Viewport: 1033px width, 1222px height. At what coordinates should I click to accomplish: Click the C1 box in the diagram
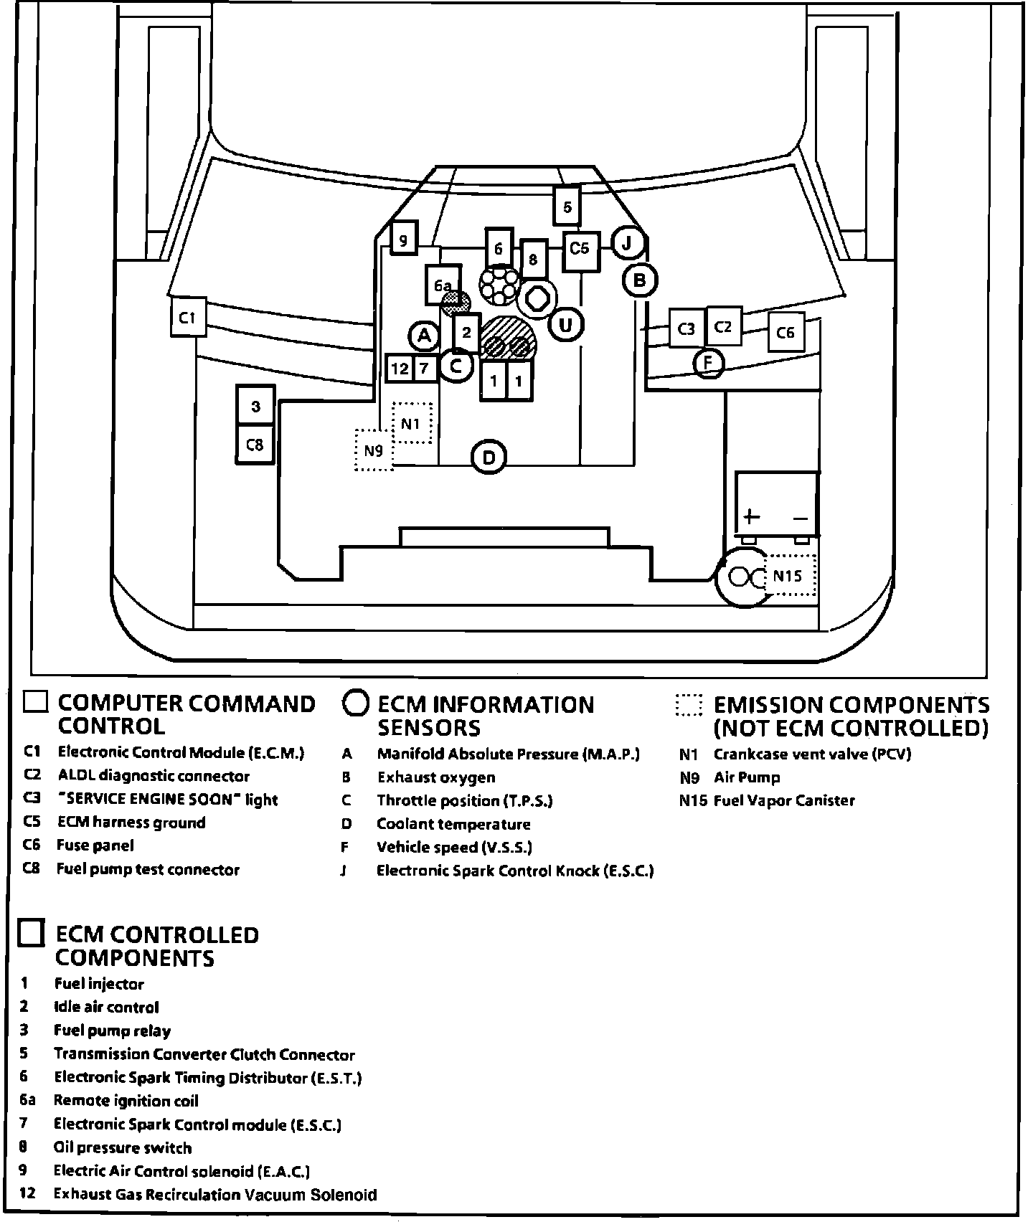click(x=188, y=317)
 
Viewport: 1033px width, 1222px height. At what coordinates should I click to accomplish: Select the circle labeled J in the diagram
click(x=627, y=243)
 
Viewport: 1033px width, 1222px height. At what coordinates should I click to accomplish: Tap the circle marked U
click(x=566, y=325)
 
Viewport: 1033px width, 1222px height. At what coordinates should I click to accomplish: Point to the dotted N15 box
click(x=790, y=575)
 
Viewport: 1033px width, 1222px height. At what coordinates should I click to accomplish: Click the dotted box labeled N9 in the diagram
click(x=374, y=450)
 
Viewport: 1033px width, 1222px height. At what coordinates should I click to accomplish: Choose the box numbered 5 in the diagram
click(x=567, y=207)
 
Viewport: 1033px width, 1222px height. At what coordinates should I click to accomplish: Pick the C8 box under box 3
click(x=255, y=445)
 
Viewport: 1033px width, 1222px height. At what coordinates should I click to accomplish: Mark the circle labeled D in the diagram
click(x=489, y=457)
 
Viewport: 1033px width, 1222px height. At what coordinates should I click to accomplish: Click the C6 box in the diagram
click(x=785, y=332)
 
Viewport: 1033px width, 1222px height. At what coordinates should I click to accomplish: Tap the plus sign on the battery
click(x=751, y=516)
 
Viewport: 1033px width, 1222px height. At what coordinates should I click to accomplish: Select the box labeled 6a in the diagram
click(x=443, y=285)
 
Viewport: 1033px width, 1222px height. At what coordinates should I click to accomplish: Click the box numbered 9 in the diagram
click(x=403, y=240)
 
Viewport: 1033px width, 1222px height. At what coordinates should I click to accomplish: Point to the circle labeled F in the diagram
click(x=709, y=363)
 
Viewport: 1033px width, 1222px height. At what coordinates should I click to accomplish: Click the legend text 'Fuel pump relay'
click(x=113, y=1031)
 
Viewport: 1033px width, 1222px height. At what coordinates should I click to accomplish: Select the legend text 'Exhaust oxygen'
click(x=436, y=777)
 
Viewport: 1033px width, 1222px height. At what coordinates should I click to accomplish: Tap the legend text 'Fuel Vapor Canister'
click(x=784, y=800)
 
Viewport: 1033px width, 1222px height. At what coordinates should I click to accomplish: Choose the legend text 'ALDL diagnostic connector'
click(x=154, y=776)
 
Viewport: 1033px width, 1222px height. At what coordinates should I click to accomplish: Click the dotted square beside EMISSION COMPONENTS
click(x=689, y=704)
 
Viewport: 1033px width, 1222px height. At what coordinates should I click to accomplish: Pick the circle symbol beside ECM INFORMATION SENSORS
click(x=356, y=704)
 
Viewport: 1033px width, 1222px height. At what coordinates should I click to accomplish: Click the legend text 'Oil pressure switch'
click(x=123, y=1147)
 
